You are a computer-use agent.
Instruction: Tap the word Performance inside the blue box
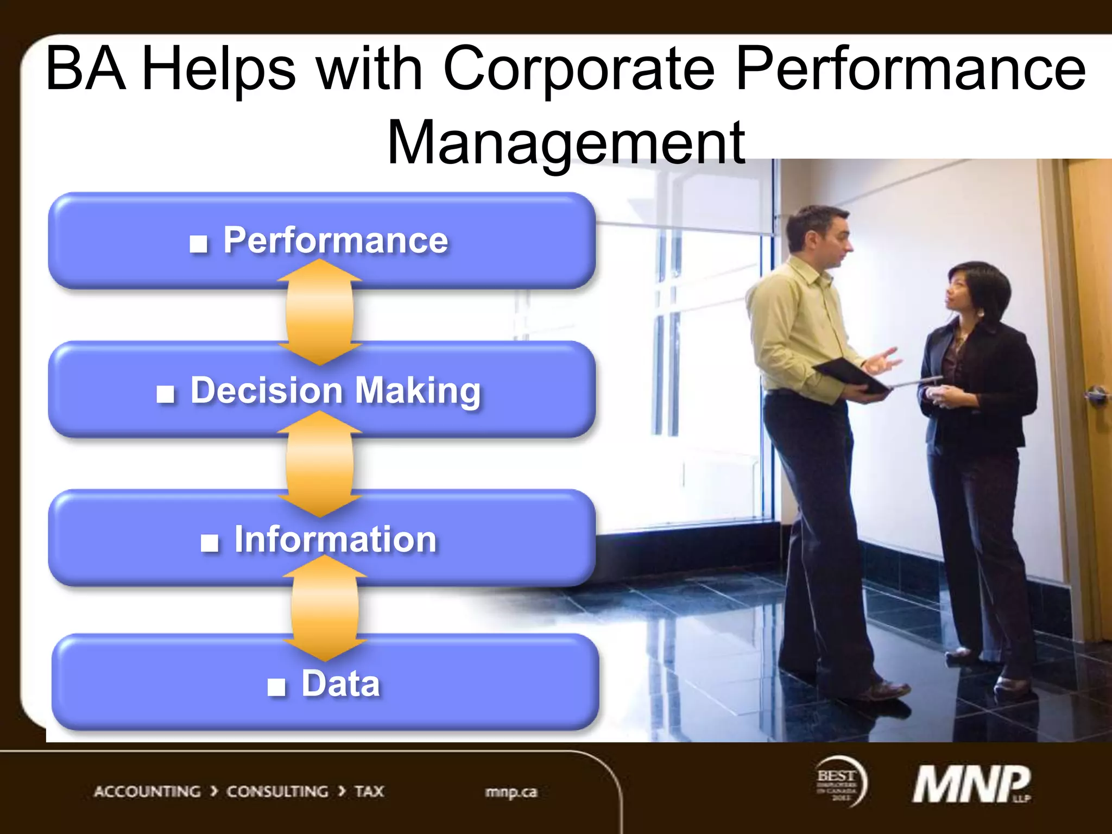coord(336,240)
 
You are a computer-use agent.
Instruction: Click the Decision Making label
coord(336,390)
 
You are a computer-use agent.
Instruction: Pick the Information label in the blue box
coord(335,540)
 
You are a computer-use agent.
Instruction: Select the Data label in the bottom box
coord(340,684)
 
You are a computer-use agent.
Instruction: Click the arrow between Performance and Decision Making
coord(320,312)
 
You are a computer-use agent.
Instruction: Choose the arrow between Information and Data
coord(325,608)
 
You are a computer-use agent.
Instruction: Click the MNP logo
coord(971,785)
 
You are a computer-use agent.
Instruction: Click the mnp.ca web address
coord(511,792)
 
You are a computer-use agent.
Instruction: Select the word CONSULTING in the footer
coord(277,792)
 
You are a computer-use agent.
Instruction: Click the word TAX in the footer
coord(369,792)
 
